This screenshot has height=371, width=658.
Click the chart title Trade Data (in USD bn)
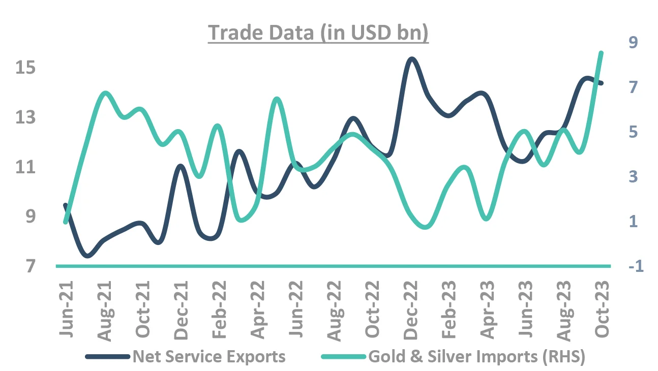tap(318, 33)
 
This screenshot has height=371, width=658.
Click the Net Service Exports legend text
tap(209, 356)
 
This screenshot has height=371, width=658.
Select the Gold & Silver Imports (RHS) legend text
tap(476, 356)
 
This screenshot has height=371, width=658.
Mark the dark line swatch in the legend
tap(107, 357)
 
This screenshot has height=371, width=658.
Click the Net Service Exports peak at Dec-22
tap(411, 59)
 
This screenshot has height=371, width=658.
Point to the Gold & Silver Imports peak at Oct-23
tap(601, 52)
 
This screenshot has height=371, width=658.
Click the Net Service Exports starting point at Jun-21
tap(65, 205)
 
